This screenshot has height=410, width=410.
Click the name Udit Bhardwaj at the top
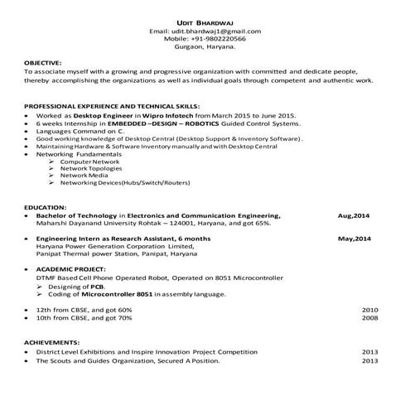coord(205,22)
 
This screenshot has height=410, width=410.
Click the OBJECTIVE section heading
coord(42,63)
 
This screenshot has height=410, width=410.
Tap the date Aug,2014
coord(354,215)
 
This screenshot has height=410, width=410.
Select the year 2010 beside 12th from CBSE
coord(369,309)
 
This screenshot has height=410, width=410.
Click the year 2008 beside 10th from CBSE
coord(369,317)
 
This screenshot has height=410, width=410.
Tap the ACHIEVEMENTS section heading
coord(51,341)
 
